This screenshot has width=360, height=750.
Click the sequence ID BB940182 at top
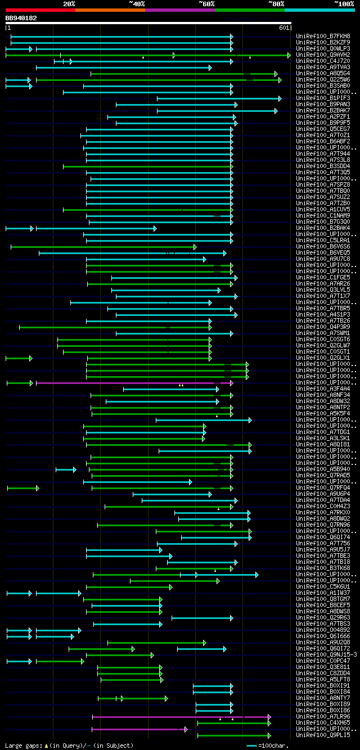coord(21,18)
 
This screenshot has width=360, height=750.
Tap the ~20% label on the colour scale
coord(69,4)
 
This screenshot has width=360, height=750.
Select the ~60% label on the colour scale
coord(206,4)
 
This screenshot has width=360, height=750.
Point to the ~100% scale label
coord(344,4)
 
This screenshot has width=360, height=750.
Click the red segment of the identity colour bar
coord(40,10)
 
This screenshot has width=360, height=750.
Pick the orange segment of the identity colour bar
coord(110,10)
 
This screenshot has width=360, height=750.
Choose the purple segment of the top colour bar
coord(179,10)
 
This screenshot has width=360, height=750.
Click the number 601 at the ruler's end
coord(283,28)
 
